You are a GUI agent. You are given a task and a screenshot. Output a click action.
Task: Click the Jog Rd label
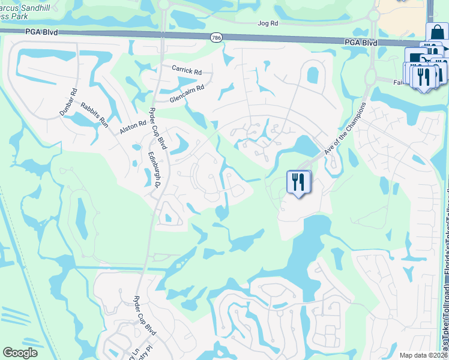268,23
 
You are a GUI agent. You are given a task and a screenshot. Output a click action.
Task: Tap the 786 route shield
216,38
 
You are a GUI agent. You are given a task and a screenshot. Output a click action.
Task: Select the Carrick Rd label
186,70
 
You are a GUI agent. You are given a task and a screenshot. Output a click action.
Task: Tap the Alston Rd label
133,127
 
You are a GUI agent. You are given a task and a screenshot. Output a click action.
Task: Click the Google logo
20,353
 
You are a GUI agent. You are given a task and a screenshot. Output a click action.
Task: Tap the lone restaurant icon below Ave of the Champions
298,181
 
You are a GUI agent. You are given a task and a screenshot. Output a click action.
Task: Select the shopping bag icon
437,32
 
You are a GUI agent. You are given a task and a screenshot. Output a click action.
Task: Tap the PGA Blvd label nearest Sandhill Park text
41,32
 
